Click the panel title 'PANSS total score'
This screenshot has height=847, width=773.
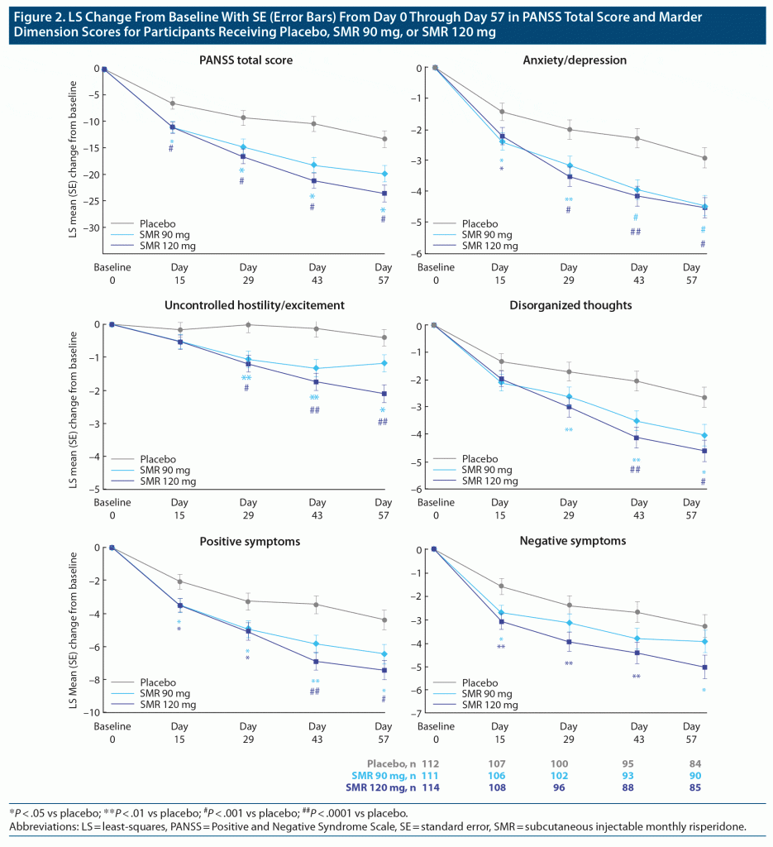click(246, 60)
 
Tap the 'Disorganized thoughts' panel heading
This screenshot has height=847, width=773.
click(570, 305)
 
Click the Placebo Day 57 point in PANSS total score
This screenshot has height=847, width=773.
click(384, 139)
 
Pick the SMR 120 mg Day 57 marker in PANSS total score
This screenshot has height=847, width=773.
click(384, 194)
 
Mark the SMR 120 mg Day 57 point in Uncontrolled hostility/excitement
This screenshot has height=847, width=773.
click(384, 394)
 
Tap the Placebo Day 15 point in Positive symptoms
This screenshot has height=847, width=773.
click(180, 581)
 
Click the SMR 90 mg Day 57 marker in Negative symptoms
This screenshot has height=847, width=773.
click(704, 641)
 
